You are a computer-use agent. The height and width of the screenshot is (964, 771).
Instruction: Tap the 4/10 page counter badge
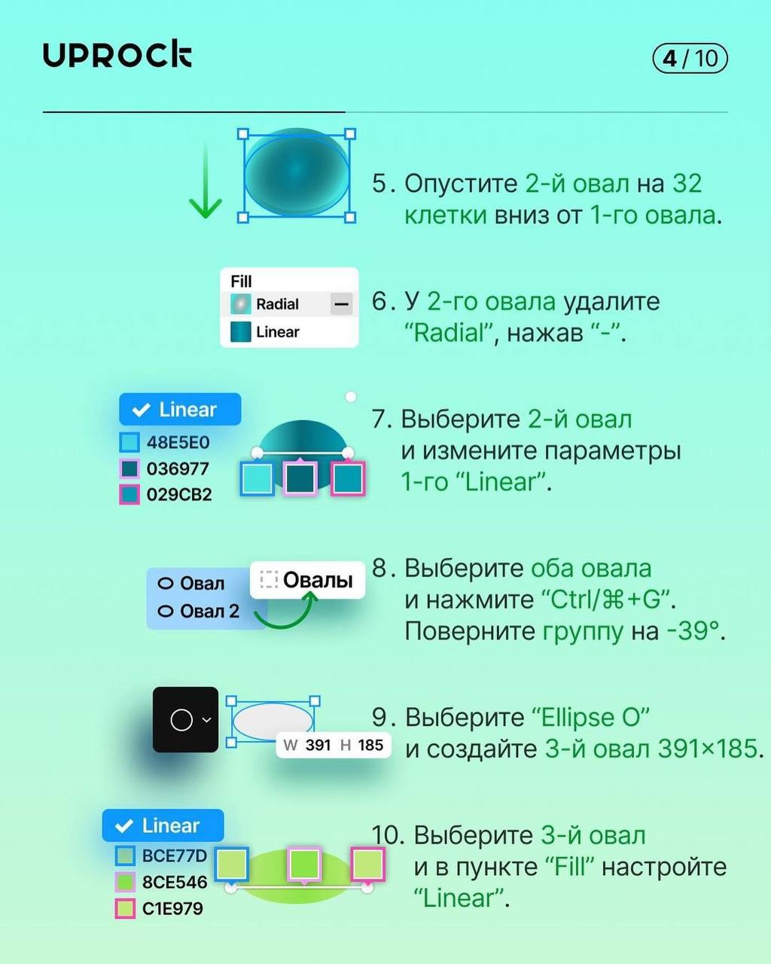[x=690, y=59]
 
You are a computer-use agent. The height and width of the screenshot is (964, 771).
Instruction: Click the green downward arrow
[x=206, y=181]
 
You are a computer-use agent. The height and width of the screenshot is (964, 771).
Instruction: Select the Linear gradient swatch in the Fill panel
[x=241, y=332]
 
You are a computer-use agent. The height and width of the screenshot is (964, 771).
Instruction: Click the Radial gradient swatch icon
[x=241, y=304]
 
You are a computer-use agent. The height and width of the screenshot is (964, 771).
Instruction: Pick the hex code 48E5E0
[x=178, y=443]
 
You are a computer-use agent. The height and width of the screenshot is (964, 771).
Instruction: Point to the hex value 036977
[x=178, y=469]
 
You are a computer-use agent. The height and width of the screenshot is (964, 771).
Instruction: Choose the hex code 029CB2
[x=178, y=495]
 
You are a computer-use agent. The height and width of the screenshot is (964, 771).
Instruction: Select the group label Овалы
[x=318, y=580]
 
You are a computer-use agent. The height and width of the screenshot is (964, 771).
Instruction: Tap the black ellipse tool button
[x=185, y=720]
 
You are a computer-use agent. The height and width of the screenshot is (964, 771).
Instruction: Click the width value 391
[x=318, y=745]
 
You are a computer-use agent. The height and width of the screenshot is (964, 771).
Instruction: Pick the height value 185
[x=370, y=745]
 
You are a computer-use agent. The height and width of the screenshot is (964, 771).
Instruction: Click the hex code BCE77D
[x=175, y=856]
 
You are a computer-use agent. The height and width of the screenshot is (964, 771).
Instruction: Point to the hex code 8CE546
[x=175, y=882]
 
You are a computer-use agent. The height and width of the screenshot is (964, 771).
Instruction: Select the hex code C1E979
[x=172, y=908]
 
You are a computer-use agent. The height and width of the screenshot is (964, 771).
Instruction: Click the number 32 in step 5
[x=687, y=184]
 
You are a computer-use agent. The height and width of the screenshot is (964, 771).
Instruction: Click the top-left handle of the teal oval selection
[x=242, y=134]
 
